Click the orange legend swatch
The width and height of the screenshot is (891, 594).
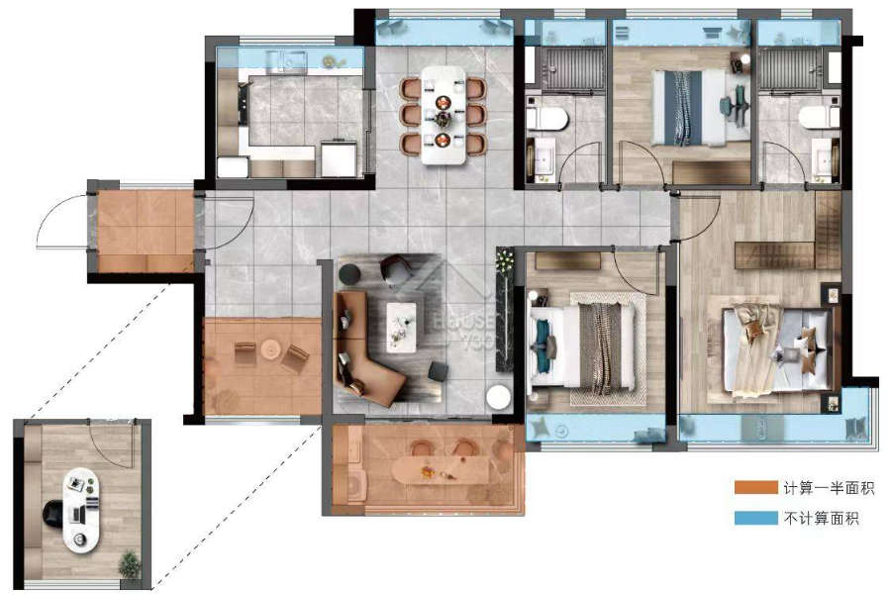tap(755, 487)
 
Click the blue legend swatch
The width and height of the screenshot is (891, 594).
tap(755, 518)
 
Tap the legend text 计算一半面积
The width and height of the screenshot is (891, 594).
tap(829, 488)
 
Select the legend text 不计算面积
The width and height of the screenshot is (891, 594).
tap(821, 519)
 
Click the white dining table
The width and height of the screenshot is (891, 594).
tap(444, 116)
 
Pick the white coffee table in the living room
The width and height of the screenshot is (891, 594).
tap(401, 327)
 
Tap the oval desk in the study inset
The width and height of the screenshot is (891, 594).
tap(81, 510)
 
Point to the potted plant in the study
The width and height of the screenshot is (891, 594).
tap(130, 564)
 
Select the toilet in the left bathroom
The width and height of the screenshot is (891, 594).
tap(546, 120)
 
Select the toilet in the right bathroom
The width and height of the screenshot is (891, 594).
tap(819, 118)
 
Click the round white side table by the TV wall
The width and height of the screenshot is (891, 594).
tap(500, 397)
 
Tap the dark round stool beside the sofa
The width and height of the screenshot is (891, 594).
tap(350, 274)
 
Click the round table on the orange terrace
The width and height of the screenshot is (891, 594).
tap(270, 348)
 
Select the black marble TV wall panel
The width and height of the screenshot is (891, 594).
tap(504, 310)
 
